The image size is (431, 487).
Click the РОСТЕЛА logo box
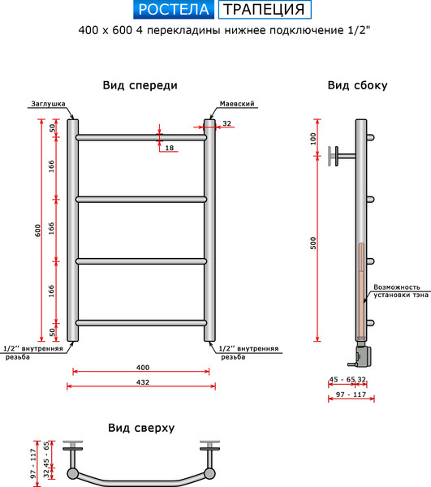[x=173, y=10]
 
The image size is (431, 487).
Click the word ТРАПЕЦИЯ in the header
[x=265, y=10]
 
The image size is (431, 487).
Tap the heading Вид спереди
[x=140, y=85]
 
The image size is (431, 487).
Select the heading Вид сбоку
[x=356, y=85]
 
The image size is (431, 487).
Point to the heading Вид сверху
[x=140, y=428]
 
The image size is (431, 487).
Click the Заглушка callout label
[x=47, y=105]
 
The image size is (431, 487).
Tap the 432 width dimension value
[x=142, y=382]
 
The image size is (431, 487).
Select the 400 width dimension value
[x=142, y=368]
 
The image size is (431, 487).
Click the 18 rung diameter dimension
[x=169, y=148]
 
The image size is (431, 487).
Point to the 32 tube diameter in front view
[x=226, y=123]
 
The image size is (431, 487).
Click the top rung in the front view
[x=141, y=138]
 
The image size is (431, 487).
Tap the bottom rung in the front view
[x=141, y=323]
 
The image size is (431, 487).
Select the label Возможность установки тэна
[x=397, y=291]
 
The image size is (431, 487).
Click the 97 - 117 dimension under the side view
[x=349, y=394]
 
